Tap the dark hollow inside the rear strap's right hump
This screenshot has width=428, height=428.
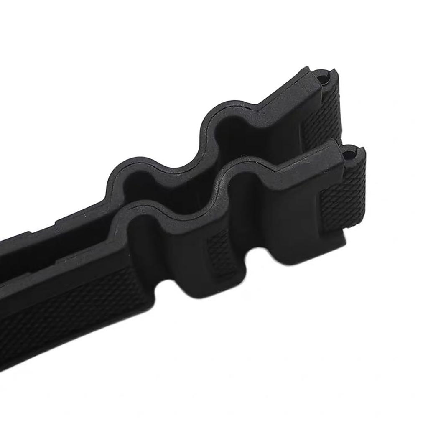tap(234, 134)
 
